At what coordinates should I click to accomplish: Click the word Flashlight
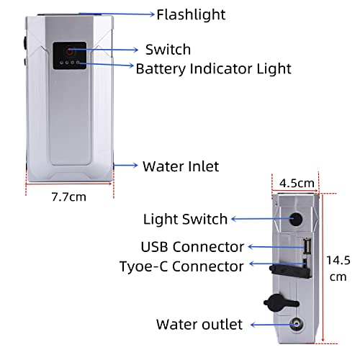(191, 15)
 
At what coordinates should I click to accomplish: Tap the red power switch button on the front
(69, 51)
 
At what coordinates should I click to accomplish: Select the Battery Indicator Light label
(213, 69)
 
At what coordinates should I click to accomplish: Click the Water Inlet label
(181, 166)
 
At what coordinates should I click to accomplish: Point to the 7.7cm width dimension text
(69, 197)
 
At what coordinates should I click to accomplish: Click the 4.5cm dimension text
(297, 184)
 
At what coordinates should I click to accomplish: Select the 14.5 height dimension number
(338, 260)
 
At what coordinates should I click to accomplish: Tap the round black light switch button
(295, 218)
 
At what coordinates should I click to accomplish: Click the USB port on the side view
(307, 246)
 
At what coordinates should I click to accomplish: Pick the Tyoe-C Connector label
(181, 266)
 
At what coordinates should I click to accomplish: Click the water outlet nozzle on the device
(296, 324)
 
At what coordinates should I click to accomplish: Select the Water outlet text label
(199, 324)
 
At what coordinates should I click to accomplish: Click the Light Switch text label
(185, 219)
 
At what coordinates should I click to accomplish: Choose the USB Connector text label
(192, 247)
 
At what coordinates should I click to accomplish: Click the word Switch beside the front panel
(168, 50)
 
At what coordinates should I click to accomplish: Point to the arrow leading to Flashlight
(117, 14)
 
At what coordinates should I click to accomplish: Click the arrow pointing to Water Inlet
(125, 165)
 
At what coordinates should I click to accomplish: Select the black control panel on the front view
(70, 55)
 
